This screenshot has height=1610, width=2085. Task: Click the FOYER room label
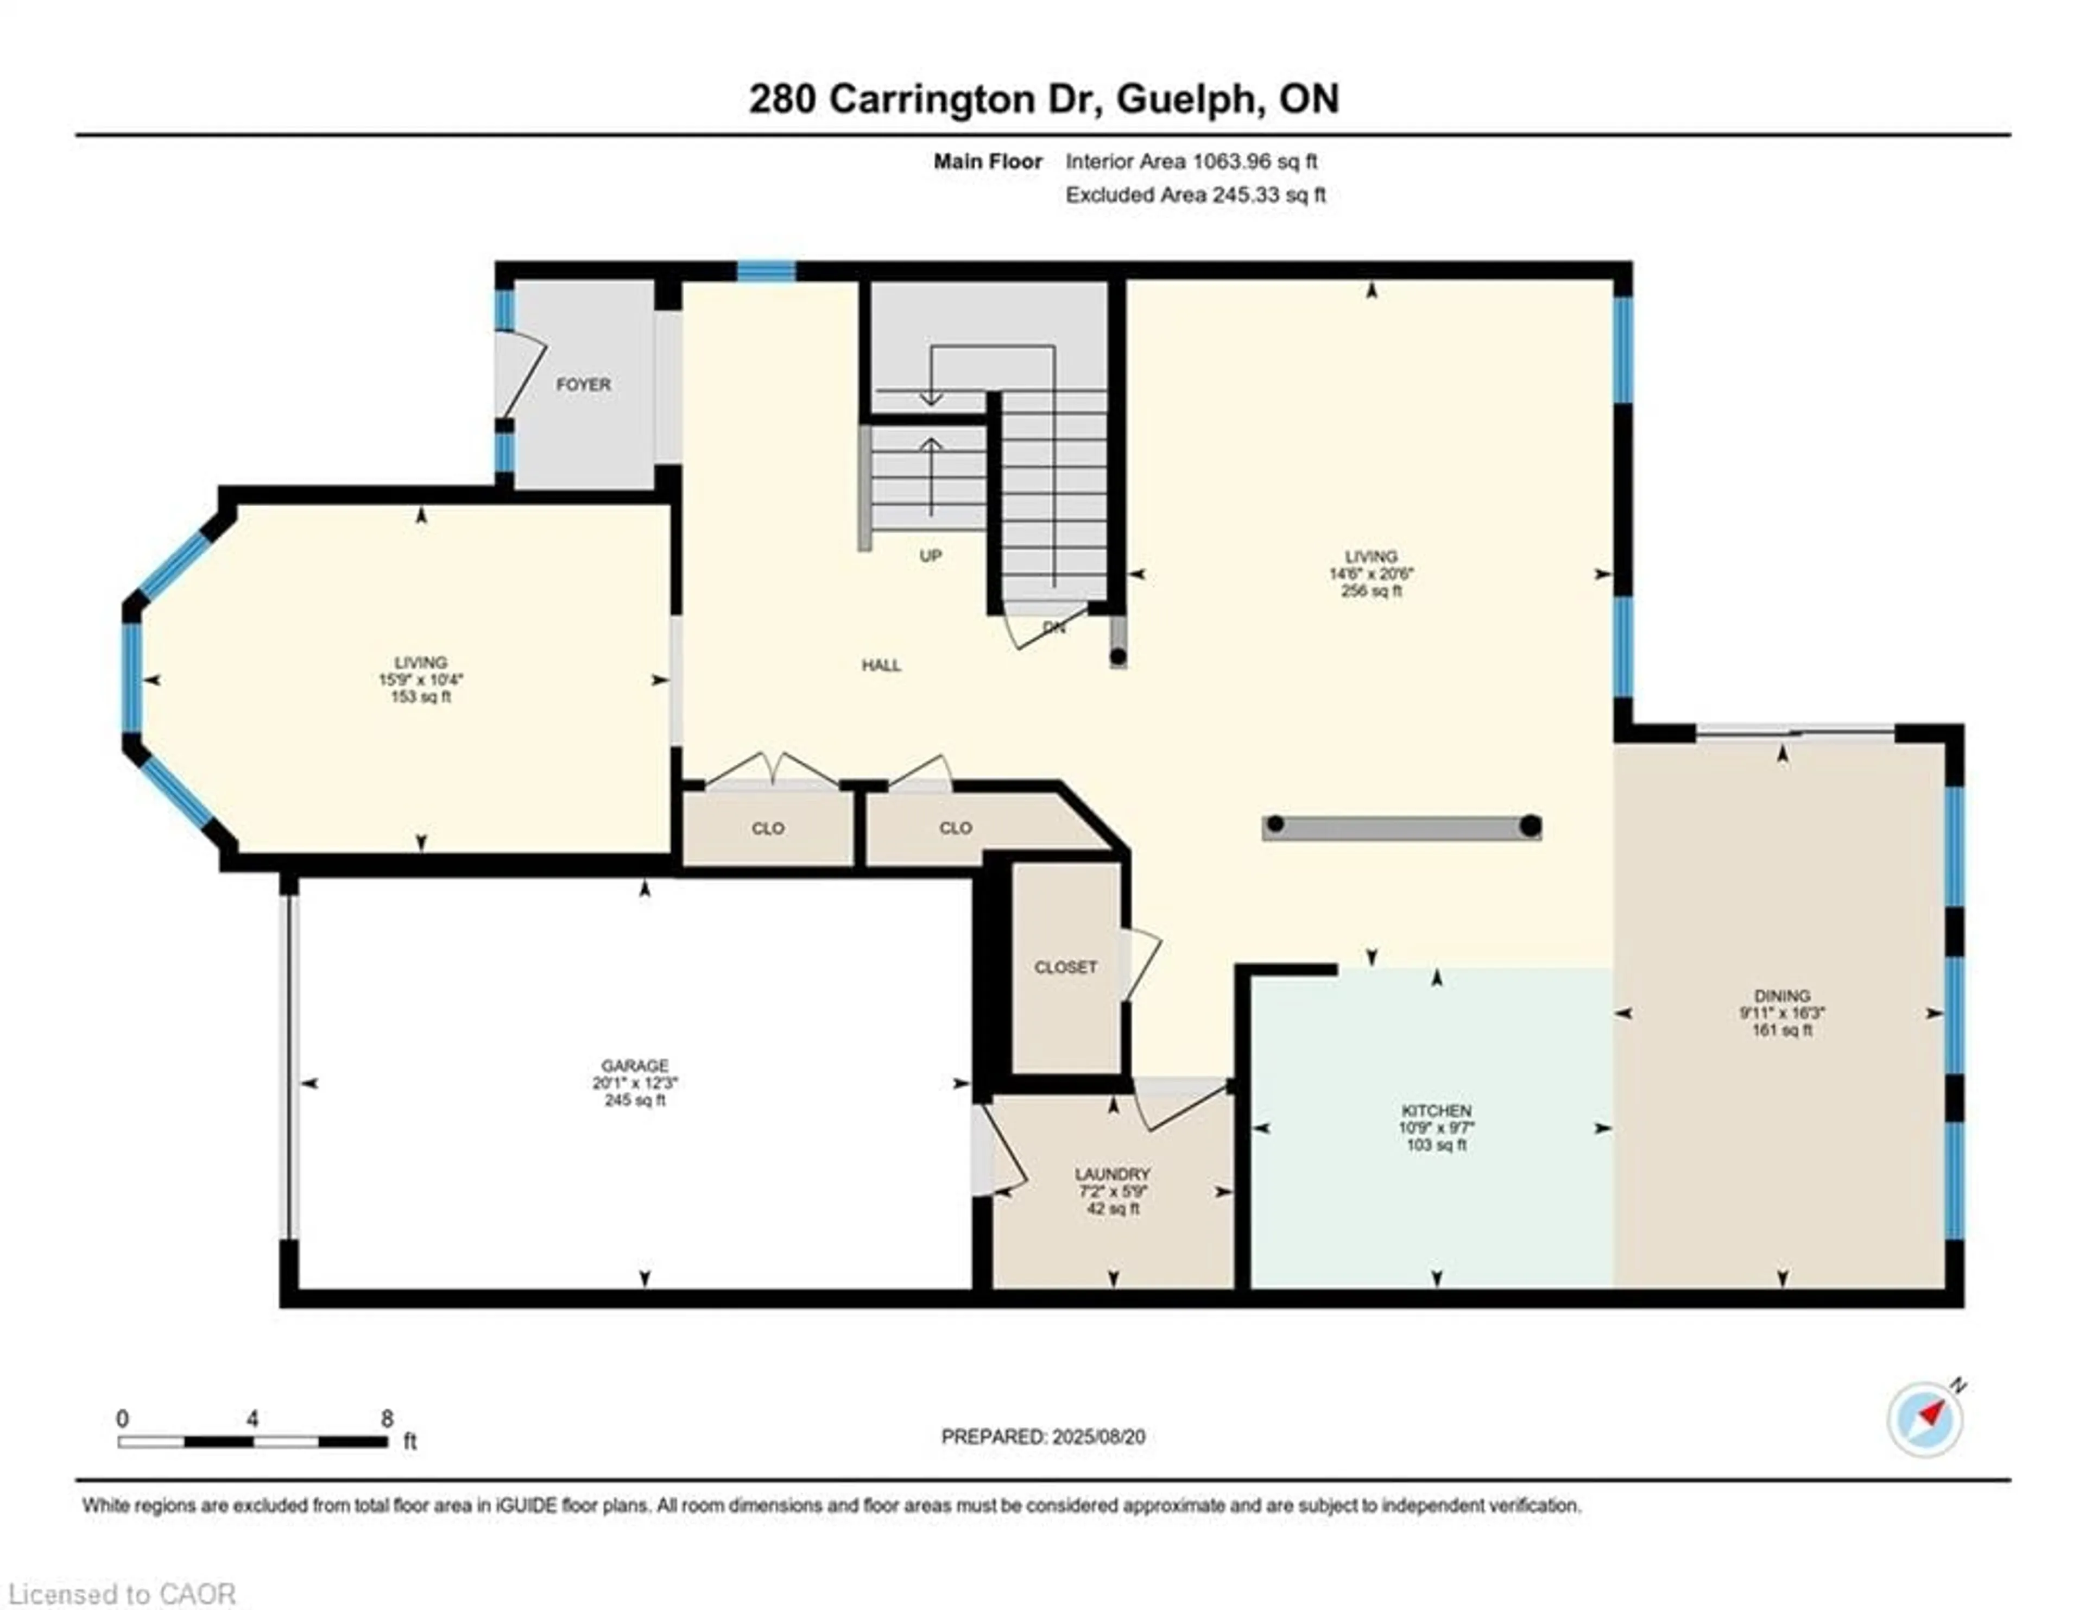pyautogui.click(x=583, y=384)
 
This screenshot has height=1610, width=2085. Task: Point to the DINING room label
pyautogui.click(x=1781, y=995)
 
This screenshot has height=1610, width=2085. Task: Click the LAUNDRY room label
pyautogui.click(x=1112, y=1174)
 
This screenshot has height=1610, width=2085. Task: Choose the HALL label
pyautogui.click(x=881, y=665)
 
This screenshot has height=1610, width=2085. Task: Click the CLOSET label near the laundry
pyautogui.click(x=1065, y=967)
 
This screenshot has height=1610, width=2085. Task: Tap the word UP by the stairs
pyautogui.click(x=930, y=556)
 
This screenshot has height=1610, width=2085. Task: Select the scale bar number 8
pyautogui.click(x=387, y=1418)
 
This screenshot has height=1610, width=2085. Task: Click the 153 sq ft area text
pyautogui.click(x=420, y=697)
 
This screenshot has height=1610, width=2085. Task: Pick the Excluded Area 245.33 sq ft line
pyautogui.click(x=1195, y=195)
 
